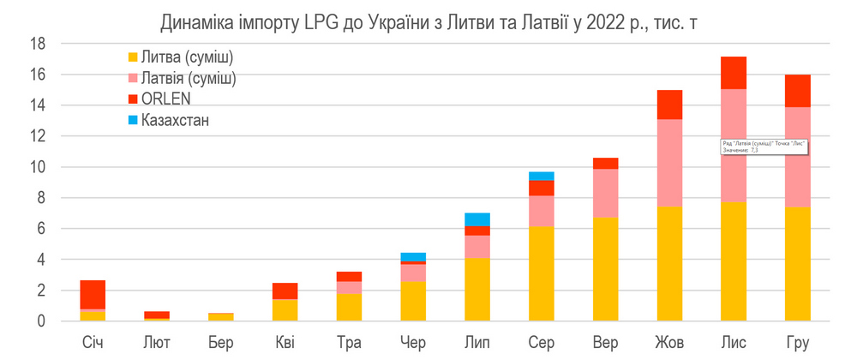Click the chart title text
pyautogui.click(x=428, y=19)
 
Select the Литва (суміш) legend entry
pyautogui.click(x=180, y=57)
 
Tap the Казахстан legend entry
pyautogui.click(x=175, y=120)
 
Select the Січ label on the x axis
pyautogui.click(x=93, y=344)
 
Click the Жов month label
pyautogui.click(x=668, y=344)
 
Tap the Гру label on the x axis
pyautogui.click(x=797, y=344)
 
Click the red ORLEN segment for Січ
pyautogui.click(x=93, y=294)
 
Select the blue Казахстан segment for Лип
pyautogui.click(x=476, y=219)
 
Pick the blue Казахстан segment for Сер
pyautogui.click(x=541, y=176)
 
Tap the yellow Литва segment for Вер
pyautogui.click(x=605, y=269)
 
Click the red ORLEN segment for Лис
pyautogui.click(x=733, y=73)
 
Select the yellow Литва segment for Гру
pyautogui.click(x=797, y=264)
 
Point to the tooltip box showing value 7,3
pyautogui.click(x=764, y=146)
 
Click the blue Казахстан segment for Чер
pyautogui.click(x=413, y=257)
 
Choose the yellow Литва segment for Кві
pyautogui.click(x=285, y=310)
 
